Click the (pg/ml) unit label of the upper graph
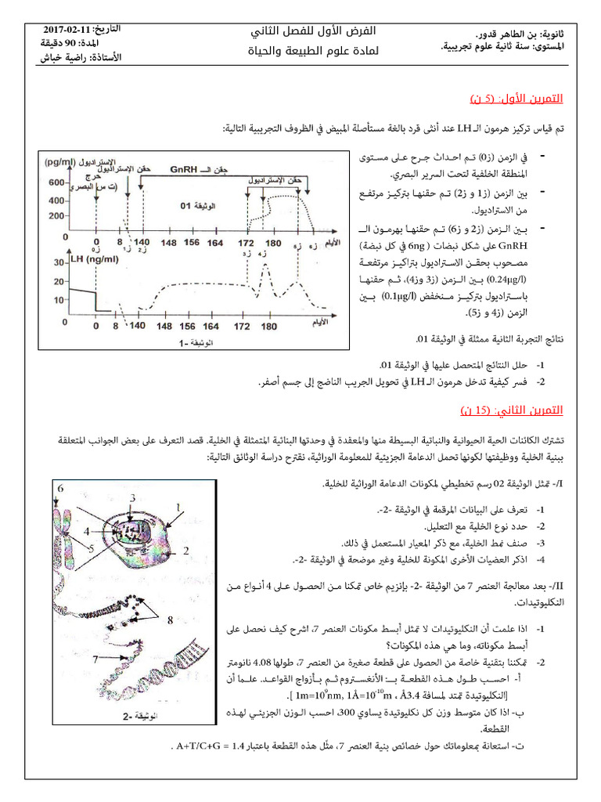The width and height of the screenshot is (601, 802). click(63, 162)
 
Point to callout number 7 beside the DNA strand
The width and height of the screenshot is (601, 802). click(95, 659)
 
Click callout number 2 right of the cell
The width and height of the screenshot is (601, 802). click(185, 551)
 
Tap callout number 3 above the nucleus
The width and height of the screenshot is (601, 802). click(133, 497)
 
